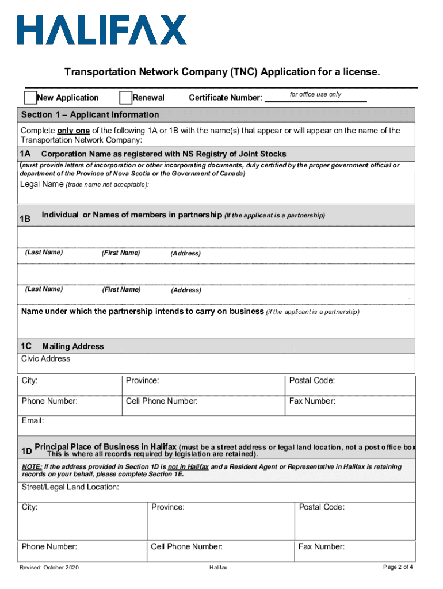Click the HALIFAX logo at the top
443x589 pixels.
pos(102,30)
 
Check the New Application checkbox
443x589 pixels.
pos(30,97)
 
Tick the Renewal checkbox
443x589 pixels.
pos(125,97)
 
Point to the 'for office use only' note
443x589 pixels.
pos(315,94)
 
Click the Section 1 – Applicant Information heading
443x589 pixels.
pos(90,114)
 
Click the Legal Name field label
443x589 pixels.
pos(41,184)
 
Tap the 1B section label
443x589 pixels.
pos(25,219)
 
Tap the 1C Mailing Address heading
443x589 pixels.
pos(62,346)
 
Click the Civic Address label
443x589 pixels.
pos(46,359)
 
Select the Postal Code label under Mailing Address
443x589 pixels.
pos(312,381)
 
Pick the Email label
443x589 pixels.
pos(33,421)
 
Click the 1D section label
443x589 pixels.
pos(25,450)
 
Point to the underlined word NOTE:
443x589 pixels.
pos(32,467)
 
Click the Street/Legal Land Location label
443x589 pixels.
pos(70,488)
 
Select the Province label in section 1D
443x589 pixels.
pos(168,507)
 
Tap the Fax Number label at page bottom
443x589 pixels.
pos(321,547)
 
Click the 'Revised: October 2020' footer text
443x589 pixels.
pos(49,568)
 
